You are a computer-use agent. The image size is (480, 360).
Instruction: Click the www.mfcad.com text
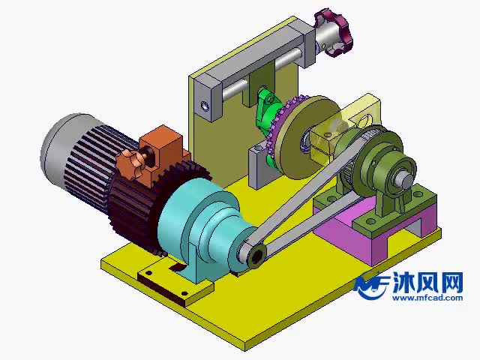tap(425, 298)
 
